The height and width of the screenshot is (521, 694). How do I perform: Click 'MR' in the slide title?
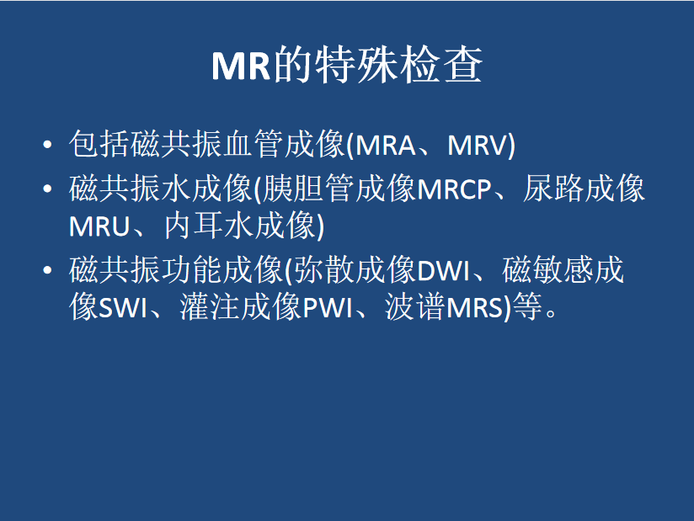(241, 66)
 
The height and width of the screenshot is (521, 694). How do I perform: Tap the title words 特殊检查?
(398, 65)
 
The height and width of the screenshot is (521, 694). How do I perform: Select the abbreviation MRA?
(385, 145)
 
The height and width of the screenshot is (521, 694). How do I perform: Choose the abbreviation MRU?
(99, 227)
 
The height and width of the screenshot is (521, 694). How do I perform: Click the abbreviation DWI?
(443, 271)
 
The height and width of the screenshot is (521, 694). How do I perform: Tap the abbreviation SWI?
(122, 308)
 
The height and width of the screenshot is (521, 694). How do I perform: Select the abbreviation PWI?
(327, 308)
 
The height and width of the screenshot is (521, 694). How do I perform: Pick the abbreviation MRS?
(475, 308)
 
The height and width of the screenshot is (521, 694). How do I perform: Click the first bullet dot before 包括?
(48, 145)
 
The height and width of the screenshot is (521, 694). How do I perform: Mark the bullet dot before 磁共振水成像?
(48, 189)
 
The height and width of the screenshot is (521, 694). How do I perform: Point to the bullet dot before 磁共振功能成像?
(48, 270)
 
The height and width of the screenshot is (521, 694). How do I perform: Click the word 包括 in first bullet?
(99, 144)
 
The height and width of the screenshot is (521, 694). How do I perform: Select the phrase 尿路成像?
(584, 189)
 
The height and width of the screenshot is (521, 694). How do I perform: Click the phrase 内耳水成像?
(240, 226)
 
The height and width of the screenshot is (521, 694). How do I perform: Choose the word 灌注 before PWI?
(210, 307)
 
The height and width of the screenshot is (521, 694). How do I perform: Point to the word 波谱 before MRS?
(414, 307)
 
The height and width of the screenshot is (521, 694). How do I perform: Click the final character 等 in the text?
(527, 307)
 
